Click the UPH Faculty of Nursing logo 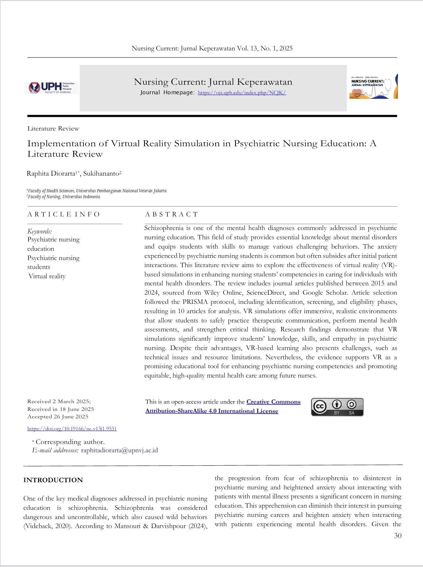coord(52,87)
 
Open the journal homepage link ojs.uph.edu coord(242,93)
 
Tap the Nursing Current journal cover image coord(373,87)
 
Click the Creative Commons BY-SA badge coord(337,407)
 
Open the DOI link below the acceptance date coord(72,429)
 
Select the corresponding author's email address coord(119,450)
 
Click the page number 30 coord(398,535)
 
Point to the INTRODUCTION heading coord(53,480)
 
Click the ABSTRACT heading coord(171,214)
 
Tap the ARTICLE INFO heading coord(64,214)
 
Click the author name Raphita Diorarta coord(51,173)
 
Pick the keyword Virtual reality coord(47,276)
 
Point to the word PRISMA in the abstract coord(195,302)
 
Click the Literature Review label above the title coord(53,129)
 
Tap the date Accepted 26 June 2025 coord(58,417)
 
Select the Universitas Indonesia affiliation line coord(64,197)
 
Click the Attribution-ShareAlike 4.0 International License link coord(212,411)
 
